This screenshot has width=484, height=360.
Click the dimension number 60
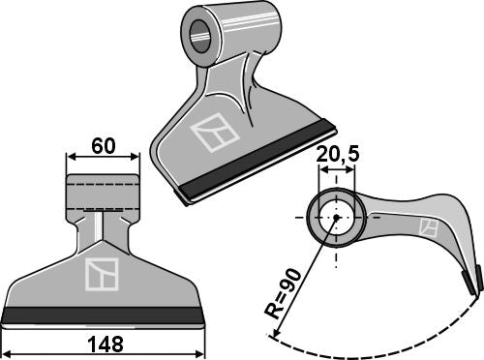click(104, 146)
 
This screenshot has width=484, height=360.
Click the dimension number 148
click(106, 345)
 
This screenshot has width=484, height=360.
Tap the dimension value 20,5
click(337, 155)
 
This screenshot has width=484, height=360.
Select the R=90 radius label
click(283, 293)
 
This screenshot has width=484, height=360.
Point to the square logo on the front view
click(102, 274)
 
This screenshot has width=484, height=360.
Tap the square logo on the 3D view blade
click(215, 133)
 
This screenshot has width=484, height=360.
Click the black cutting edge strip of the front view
click(103, 315)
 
